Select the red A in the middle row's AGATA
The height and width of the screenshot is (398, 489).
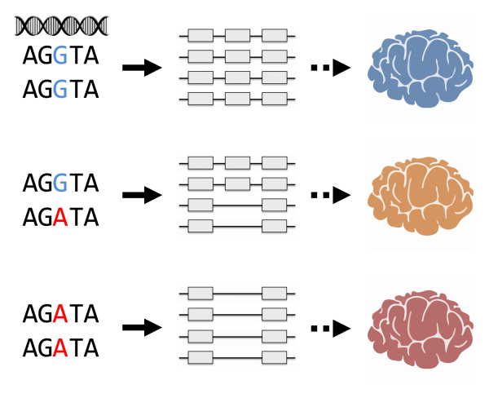(59, 217)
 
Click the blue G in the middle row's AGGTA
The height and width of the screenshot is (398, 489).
(59, 184)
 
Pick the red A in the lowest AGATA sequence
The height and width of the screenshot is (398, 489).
(59, 347)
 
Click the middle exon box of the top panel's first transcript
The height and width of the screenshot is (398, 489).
(237, 36)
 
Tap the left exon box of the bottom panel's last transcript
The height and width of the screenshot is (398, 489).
(200, 357)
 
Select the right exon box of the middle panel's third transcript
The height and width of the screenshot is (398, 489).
(275, 204)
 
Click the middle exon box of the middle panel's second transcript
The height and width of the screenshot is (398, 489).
(237, 183)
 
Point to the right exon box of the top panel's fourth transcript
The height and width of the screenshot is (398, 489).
(275, 99)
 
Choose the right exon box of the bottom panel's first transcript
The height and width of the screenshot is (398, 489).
(275, 293)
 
